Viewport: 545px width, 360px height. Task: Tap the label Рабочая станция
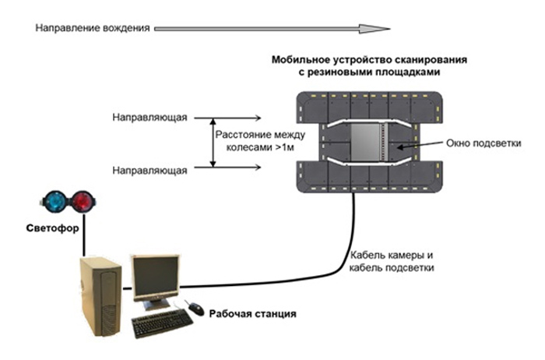(252, 314)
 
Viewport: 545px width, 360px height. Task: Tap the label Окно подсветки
(478, 143)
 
